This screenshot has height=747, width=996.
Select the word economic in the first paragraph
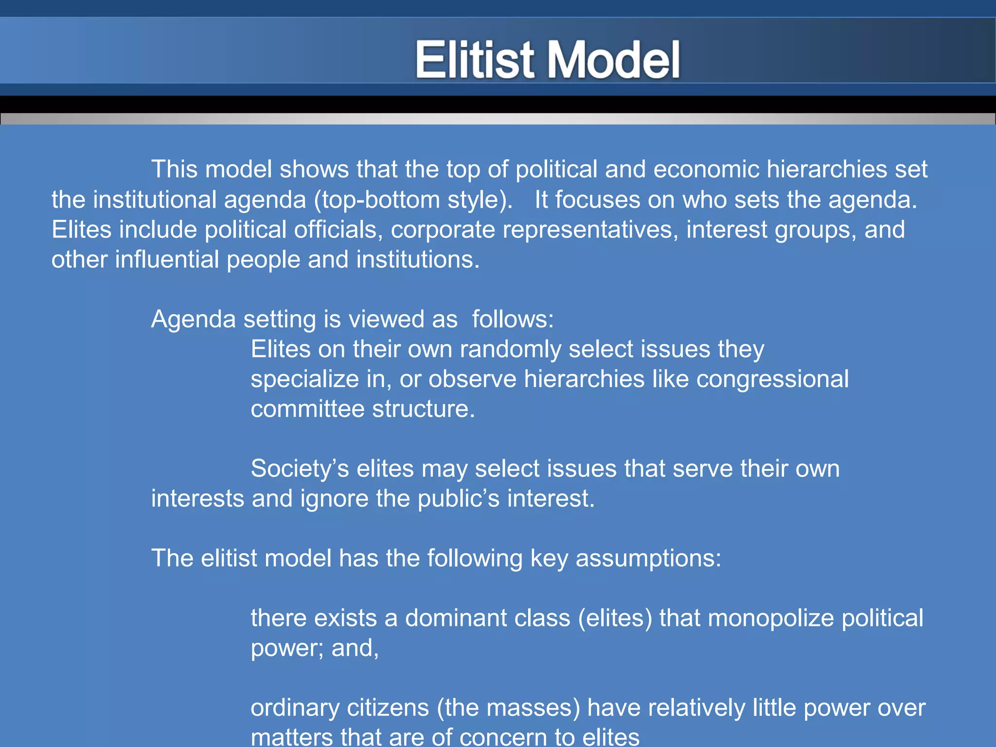(x=706, y=170)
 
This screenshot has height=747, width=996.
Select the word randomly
(x=510, y=350)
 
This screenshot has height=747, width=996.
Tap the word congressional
(x=772, y=379)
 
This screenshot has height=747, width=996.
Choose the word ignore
(x=334, y=499)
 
